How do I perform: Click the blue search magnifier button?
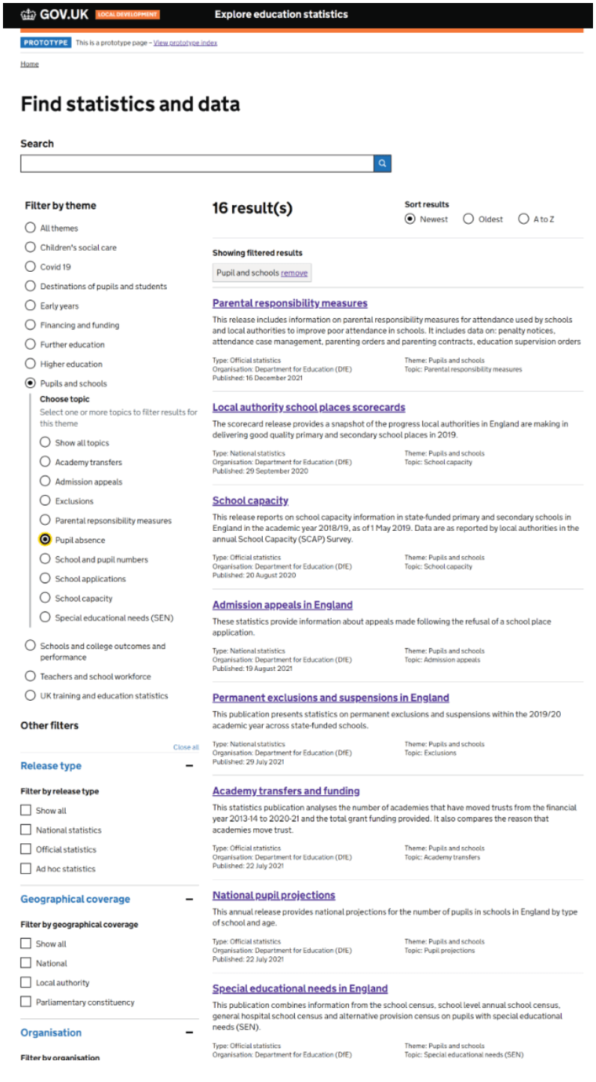[382, 163]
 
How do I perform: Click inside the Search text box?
[196, 163]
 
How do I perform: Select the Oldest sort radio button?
[469, 219]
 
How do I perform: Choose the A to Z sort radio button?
[523, 219]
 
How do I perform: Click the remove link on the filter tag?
[294, 273]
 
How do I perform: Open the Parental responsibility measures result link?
[290, 303]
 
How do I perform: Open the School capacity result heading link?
[250, 501]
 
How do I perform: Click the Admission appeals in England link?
[282, 605]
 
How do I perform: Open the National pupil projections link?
[273, 896]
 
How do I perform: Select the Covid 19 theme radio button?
[30, 267]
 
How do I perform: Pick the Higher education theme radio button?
[30, 364]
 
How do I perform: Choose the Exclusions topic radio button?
[45, 501]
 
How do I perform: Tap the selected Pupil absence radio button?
[45, 540]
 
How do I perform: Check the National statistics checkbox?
[26, 830]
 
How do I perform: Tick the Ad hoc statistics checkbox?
[26, 869]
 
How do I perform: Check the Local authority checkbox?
[26, 982]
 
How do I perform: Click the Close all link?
[186, 747]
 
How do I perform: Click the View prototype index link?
[185, 43]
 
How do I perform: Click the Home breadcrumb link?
[29, 64]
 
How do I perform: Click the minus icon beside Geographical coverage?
[189, 899]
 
